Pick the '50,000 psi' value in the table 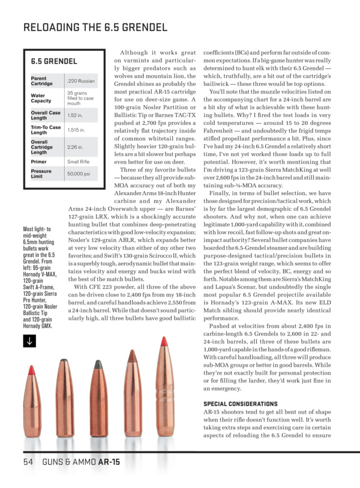(79, 173)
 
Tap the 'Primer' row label (39, 161)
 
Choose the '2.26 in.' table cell (74, 146)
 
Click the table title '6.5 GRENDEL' (54, 61)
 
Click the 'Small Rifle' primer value (78, 161)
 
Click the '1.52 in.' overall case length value (74, 115)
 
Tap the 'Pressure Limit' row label (40, 173)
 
